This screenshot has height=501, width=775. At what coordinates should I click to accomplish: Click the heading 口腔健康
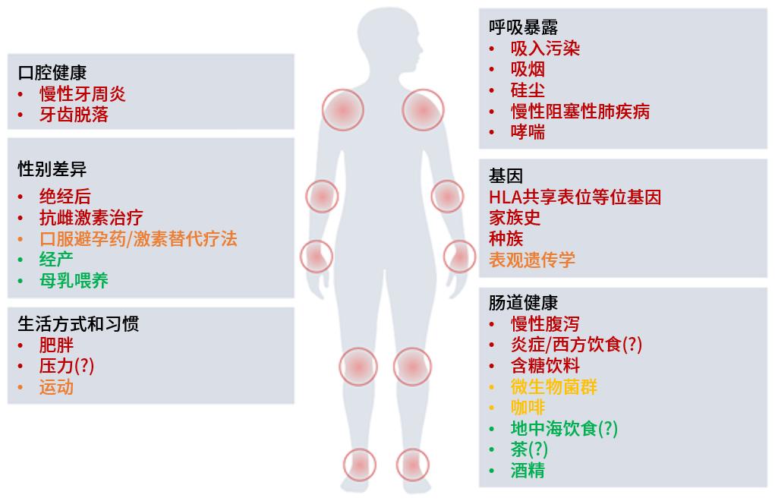coord(52,73)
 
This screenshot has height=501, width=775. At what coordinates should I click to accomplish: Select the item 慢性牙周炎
coord(83,94)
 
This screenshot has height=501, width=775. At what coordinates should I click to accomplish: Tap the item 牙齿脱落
coord(74,115)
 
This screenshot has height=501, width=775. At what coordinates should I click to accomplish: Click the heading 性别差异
coord(52,169)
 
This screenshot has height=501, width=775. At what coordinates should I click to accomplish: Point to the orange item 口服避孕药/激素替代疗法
coord(138,239)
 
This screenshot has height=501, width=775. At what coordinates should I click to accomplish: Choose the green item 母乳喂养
coord(74,281)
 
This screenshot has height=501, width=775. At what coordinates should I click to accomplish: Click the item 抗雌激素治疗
coord(91,217)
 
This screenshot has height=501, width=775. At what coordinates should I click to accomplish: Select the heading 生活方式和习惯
coord(78,324)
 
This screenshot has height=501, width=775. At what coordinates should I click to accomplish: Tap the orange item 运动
coord(56,387)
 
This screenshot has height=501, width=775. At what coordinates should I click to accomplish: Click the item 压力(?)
coord(67,366)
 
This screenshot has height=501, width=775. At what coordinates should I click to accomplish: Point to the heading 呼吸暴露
coord(524,27)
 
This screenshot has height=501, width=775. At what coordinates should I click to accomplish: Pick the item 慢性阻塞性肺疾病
coord(580,111)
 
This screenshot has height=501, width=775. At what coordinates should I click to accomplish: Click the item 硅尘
coord(528,90)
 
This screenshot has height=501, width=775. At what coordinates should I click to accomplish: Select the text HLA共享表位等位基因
coord(575,197)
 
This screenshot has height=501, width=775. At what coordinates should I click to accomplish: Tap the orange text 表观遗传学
coord(532,260)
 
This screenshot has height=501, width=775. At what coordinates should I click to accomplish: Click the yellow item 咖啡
coord(528,408)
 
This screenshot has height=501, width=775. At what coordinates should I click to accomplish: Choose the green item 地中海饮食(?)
coord(564,428)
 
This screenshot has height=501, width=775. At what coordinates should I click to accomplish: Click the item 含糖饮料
coord(545,366)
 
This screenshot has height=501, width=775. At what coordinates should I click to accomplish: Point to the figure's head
coord(389,37)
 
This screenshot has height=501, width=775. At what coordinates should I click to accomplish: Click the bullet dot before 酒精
coord(492,471)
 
